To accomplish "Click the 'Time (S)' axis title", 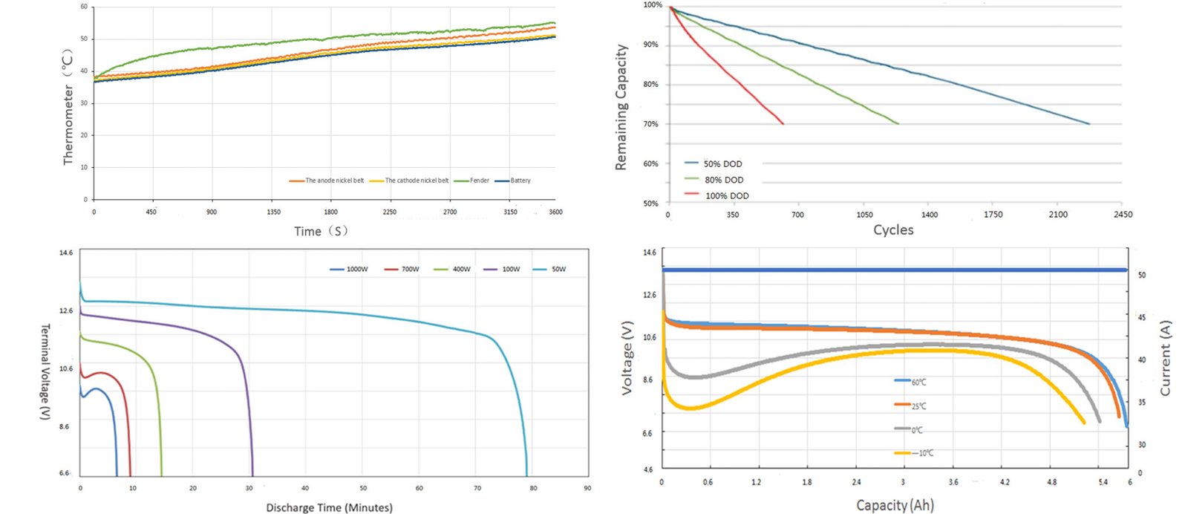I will [321, 231].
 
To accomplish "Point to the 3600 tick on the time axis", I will [555, 212].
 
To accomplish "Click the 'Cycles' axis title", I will [893, 230].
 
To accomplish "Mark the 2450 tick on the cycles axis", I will [1123, 215].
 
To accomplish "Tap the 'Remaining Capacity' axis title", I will [621, 108].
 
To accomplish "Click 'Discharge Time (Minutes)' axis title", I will [329, 508].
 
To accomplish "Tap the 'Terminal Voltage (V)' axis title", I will [45, 371].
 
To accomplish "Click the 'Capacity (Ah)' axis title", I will [895, 506].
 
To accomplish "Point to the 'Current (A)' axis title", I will [1165, 358].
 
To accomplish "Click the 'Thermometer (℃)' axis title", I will [68, 108].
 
